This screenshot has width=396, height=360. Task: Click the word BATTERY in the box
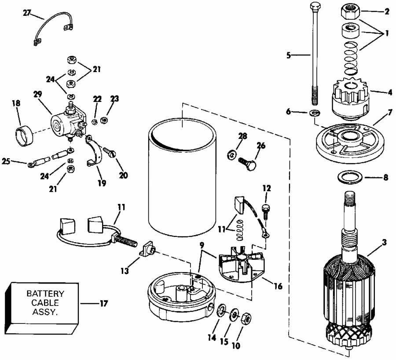(x=45, y=293)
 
